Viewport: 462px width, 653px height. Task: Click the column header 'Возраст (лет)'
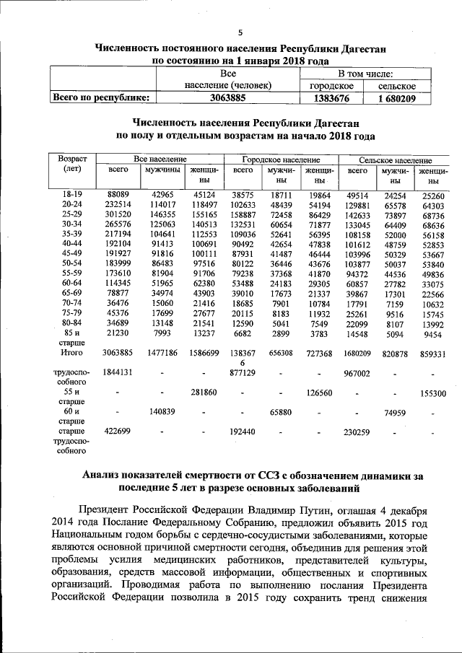pos(72,164)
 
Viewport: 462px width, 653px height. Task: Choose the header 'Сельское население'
pos(396,159)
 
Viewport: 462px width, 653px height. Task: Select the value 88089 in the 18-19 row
pos(118,195)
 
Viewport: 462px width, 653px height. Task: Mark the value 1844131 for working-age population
pos(118,372)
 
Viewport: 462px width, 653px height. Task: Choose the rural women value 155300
pos(433,395)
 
